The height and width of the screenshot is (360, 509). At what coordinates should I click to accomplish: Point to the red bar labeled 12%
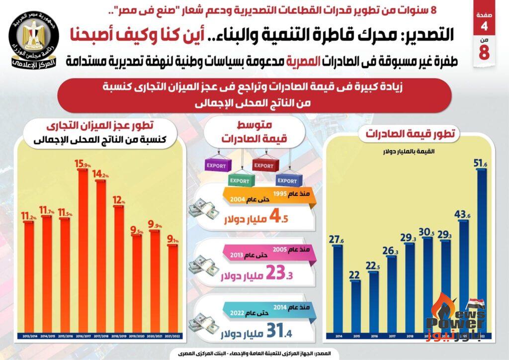tap(119, 269)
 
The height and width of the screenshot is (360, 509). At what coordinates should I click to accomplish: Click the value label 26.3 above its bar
tap(391, 251)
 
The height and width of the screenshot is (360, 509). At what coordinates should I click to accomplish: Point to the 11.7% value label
tap(48, 211)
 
